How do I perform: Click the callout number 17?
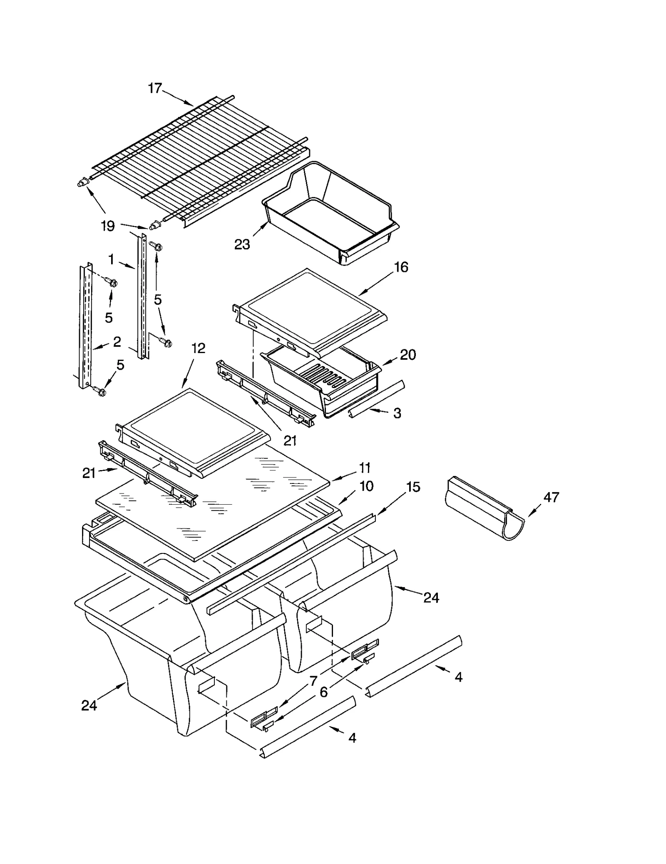point(154,88)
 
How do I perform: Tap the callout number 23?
point(242,244)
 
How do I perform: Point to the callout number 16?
point(401,267)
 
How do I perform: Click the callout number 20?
point(408,355)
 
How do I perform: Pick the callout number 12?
point(198,348)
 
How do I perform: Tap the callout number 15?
point(413,487)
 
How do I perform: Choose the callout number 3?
point(397,413)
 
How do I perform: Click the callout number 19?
point(108,226)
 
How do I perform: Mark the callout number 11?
point(365,468)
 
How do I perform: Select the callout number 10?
point(366,486)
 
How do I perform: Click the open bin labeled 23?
point(329,212)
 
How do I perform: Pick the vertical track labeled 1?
point(142,296)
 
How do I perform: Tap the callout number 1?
point(111,259)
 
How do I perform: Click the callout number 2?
point(117,341)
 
